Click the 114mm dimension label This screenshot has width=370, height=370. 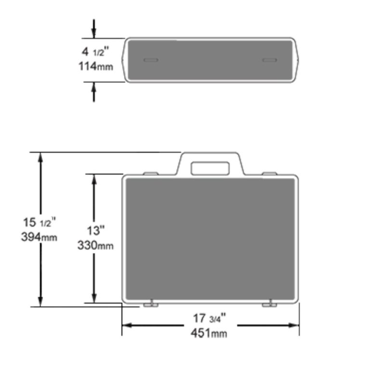click(96, 66)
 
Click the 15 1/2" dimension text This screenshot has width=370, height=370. click(39, 223)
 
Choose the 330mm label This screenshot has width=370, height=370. click(95, 246)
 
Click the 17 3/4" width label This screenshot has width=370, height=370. click(210, 318)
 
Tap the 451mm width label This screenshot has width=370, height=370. click(210, 333)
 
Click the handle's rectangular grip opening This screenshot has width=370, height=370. click(210, 168)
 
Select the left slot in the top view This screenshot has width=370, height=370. click(151, 60)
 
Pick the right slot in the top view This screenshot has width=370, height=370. click(269, 60)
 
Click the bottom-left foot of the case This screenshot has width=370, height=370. click(151, 304)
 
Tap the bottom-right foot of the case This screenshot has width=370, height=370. click(270, 304)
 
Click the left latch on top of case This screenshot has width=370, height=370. click(150, 173)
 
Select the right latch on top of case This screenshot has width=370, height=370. click(269, 173)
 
